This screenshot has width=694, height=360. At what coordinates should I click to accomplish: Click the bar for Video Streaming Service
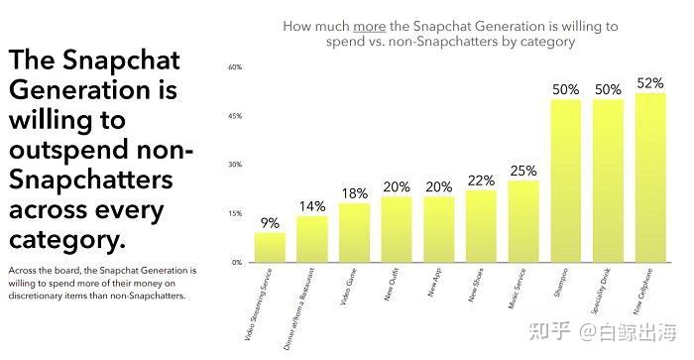click(270, 248)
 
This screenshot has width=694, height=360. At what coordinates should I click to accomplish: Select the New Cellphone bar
click(649, 179)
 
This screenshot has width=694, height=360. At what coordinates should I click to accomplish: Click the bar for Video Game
click(354, 233)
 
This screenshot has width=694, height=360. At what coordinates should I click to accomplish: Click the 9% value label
click(270, 223)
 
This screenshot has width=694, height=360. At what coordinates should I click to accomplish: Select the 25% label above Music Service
click(523, 171)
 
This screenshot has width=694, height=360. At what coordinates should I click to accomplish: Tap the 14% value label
click(311, 206)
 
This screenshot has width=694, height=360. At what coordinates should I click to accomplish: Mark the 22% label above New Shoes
click(481, 180)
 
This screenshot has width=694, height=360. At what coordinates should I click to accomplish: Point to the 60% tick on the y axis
click(236, 67)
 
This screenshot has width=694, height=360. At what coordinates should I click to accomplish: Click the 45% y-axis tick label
click(236, 116)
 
